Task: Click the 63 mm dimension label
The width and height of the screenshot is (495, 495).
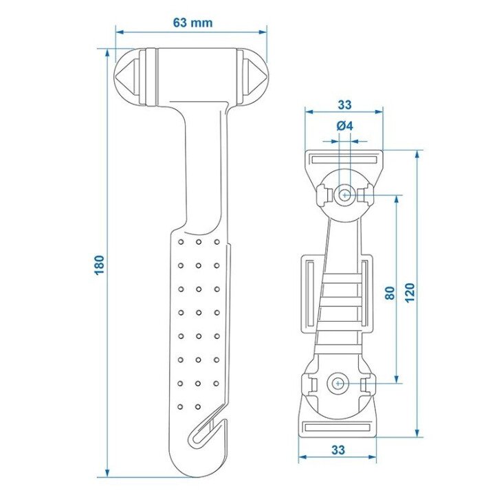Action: (x=192, y=23)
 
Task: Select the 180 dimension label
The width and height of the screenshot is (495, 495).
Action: (x=100, y=265)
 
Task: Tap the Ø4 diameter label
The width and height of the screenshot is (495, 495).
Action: (x=344, y=126)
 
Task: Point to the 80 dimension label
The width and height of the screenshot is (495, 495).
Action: (x=390, y=293)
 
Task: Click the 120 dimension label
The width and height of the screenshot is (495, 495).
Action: (x=410, y=293)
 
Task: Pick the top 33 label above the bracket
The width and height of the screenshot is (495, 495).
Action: (x=344, y=104)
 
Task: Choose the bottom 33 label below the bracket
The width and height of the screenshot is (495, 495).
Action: (x=338, y=450)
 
